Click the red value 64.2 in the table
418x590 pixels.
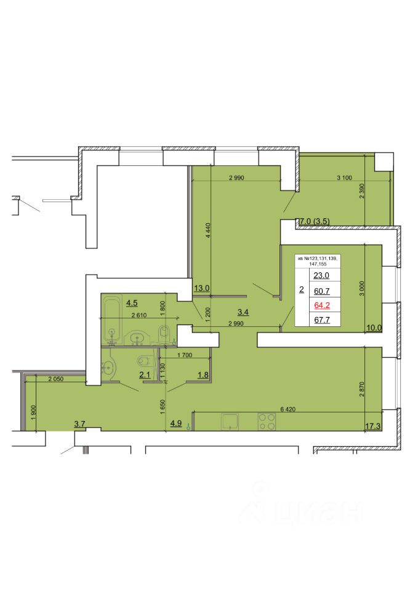click(322, 305)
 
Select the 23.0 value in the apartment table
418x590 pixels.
click(321, 275)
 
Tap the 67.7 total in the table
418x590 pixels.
click(322, 320)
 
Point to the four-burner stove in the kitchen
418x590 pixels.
click(267, 422)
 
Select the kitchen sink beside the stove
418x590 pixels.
click(230, 422)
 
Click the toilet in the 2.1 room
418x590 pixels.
click(145, 361)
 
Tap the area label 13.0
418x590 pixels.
click(202, 288)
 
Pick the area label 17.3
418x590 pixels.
click(373, 426)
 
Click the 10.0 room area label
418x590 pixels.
click(374, 328)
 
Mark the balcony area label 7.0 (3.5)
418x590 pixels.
click(314, 222)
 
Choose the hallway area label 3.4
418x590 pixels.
click(243, 312)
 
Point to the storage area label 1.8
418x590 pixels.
click(203, 375)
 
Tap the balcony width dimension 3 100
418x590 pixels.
click(344, 178)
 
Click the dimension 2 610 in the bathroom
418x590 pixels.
click(139, 315)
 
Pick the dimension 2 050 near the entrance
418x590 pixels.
click(56, 379)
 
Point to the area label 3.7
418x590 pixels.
click(79, 424)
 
